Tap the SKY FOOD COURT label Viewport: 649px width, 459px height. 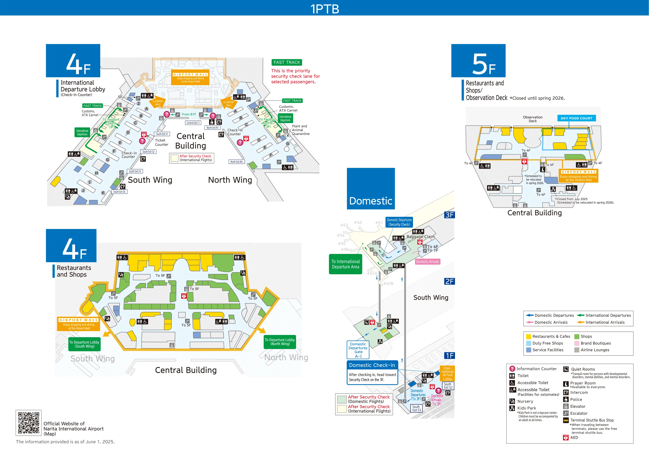pyautogui.click(x=576, y=118)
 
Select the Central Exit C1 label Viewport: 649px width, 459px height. pyautogui.click(x=193, y=123)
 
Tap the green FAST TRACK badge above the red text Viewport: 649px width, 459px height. pyautogui.click(x=287, y=62)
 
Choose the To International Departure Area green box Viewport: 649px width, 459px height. pyautogui.click(x=345, y=264)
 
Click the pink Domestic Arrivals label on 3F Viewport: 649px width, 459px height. pyautogui.click(x=427, y=262)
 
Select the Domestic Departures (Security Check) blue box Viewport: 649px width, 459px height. pyautogui.click(x=399, y=222)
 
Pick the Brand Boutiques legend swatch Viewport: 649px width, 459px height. pyautogui.click(x=577, y=343)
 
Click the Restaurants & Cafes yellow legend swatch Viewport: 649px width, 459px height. pyautogui.click(x=528, y=336)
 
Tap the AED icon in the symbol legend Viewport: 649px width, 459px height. pyautogui.click(x=566, y=437)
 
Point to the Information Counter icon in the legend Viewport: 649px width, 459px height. pyautogui.click(x=512, y=369)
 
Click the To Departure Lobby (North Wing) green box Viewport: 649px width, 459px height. pyautogui.click(x=280, y=342)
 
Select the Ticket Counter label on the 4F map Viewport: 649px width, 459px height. pyautogui.click(x=161, y=142)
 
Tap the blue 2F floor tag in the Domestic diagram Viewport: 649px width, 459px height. pyautogui.click(x=449, y=281)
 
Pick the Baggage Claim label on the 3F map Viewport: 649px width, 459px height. pyautogui.click(x=421, y=237)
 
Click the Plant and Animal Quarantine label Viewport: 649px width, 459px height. pyautogui.click(x=301, y=130)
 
